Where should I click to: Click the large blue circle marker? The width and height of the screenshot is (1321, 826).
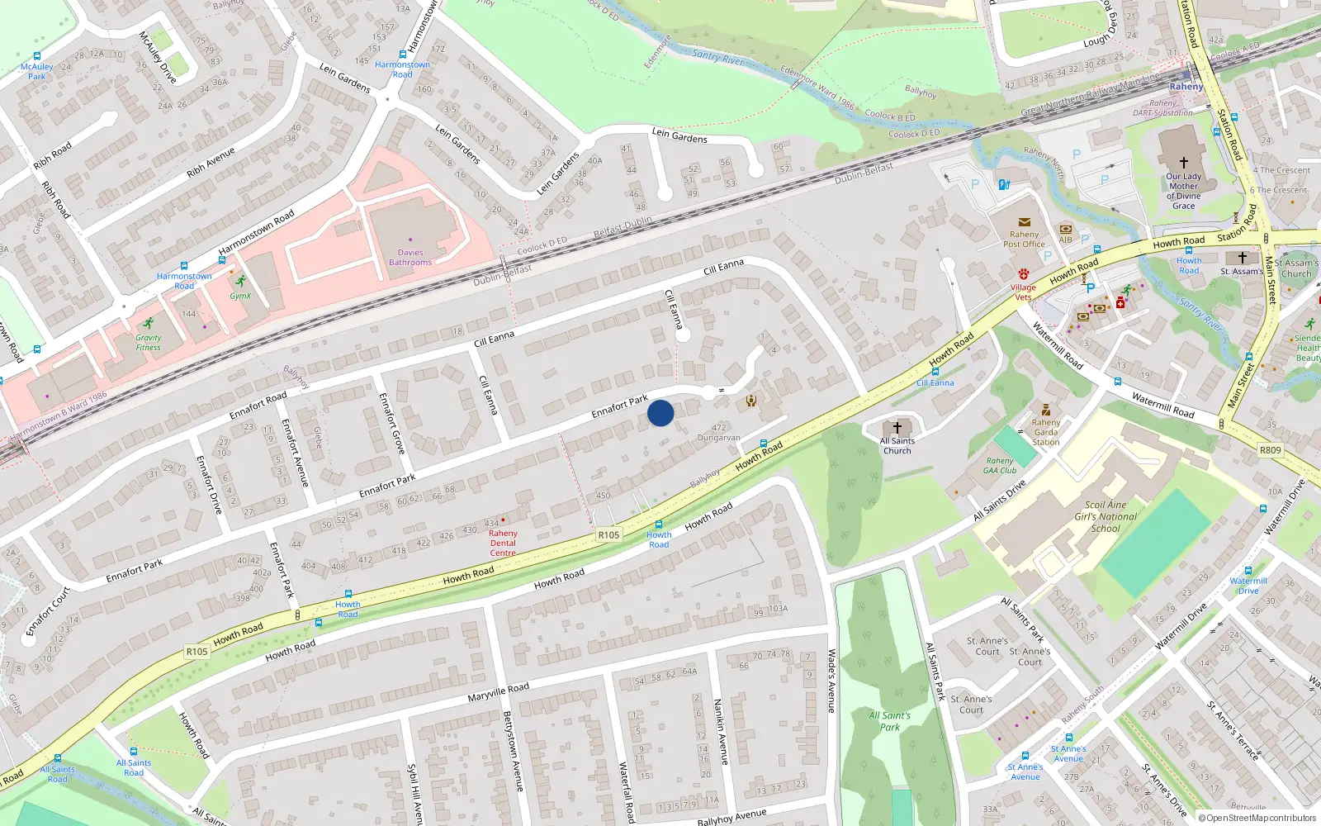pyautogui.click(x=660, y=413)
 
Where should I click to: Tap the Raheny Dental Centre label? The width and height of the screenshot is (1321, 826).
pyautogui.click(x=503, y=543)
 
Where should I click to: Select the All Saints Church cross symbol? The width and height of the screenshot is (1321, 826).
pyautogui.click(x=897, y=428)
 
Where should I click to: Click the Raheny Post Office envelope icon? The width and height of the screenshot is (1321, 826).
pyautogui.click(x=1024, y=222)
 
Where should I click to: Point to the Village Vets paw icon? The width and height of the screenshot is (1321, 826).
pyautogui.click(x=1024, y=273)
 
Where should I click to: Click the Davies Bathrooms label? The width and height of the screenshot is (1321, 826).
pyautogui.click(x=410, y=258)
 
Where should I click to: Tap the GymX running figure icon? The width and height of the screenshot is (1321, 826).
pyautogui.click(x=240, y=282)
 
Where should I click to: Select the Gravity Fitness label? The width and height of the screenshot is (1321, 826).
pyautogui.click(x=149, y=342)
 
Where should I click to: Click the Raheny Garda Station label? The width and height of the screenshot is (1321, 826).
pyautogui.click(x=1045, y=432)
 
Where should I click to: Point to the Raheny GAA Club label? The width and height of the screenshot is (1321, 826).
pyautogui.click(x=1000, y=466)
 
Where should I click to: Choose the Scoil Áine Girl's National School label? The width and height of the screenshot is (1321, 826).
pyautogui.click(x=1106, y=516)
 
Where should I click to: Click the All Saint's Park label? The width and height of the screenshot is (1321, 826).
pyautogui.click(x=889, y=721)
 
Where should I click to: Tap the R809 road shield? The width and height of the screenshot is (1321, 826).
pyautogui.click(x=1270, y=450)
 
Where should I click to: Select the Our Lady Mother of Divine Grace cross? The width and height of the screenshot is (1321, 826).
pyautogui.click(x=1183, y=163)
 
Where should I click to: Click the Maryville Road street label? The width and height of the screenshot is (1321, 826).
pyautogui.click(x=498, y=692)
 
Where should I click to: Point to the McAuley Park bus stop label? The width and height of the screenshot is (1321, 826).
pyautogui.click(x=37, y=72)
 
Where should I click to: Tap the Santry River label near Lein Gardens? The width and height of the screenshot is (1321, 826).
pyautogui.click(x=717, y=58)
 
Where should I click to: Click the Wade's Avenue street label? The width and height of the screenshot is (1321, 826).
pyautogui.click(x=831, y=681)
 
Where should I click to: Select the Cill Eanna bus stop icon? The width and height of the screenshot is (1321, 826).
pyautogui.click(x=935, y=372)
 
